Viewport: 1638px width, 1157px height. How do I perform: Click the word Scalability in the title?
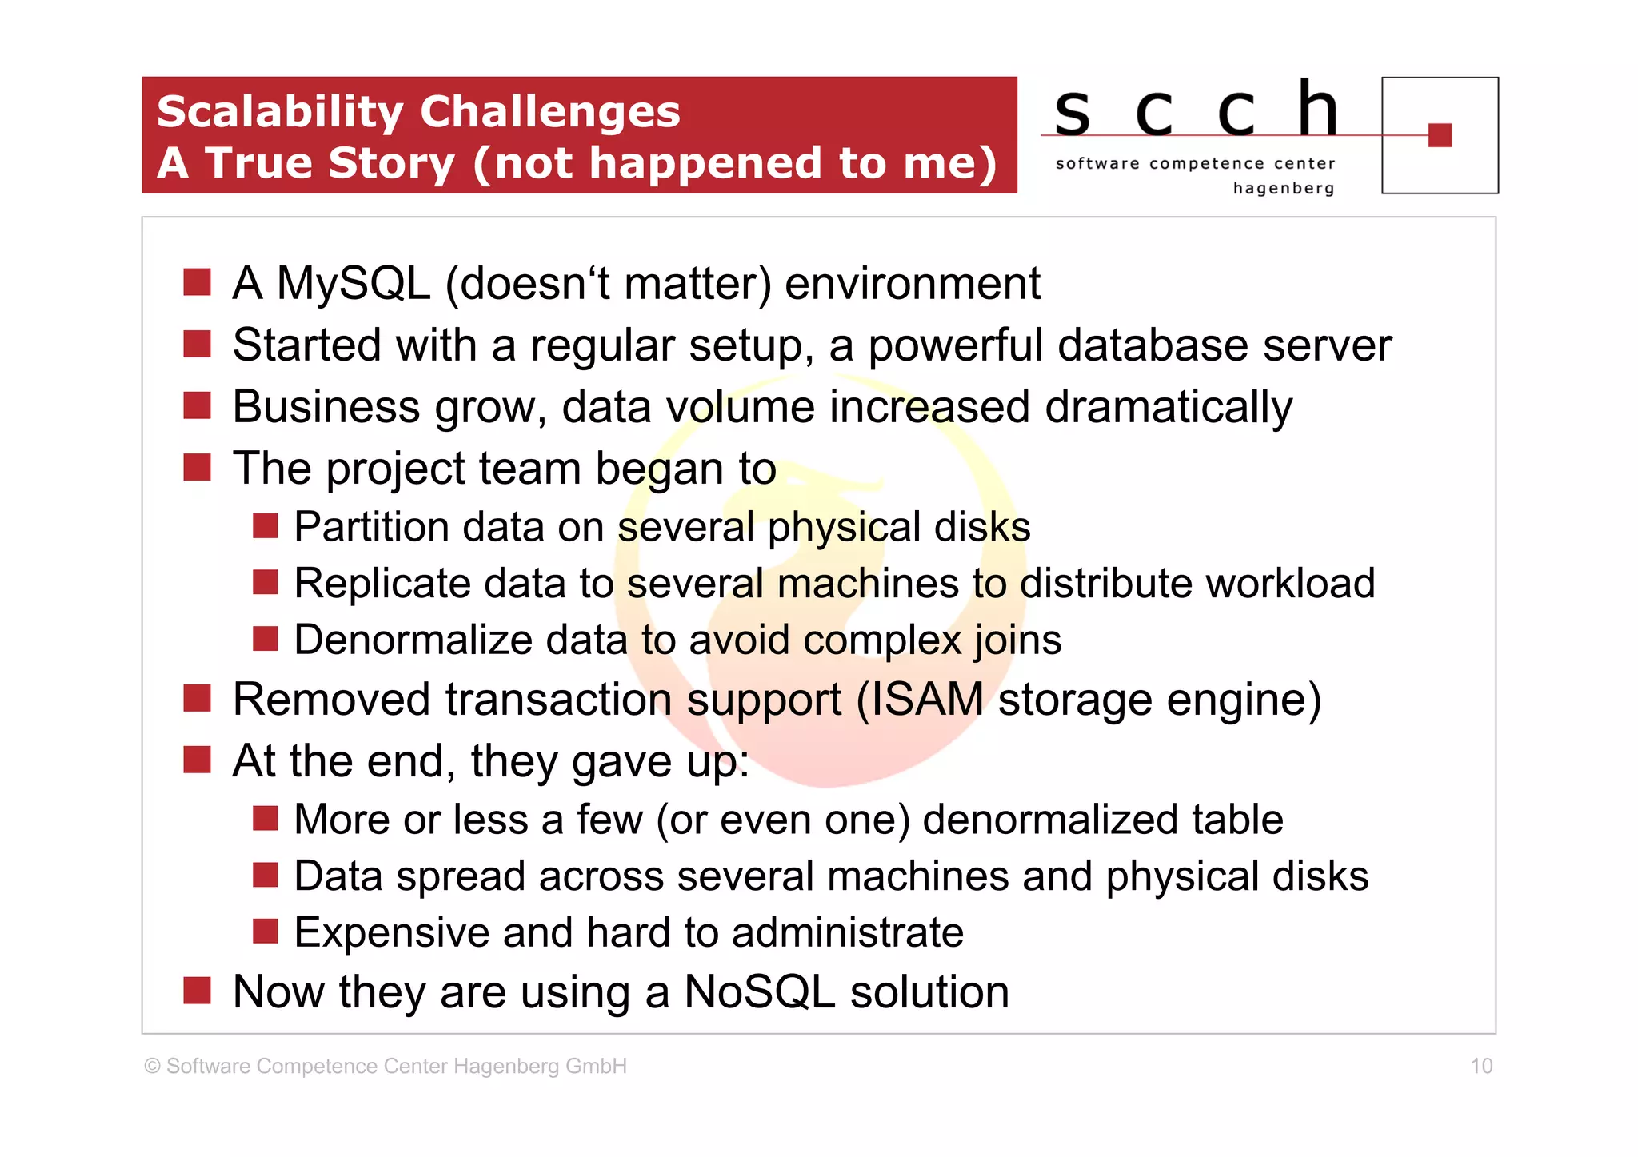point(279,113)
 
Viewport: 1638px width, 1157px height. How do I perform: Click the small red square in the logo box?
point(1439,135)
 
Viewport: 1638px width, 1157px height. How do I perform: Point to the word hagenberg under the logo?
point(1283,189)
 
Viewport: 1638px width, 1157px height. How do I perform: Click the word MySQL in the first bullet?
point(353,284)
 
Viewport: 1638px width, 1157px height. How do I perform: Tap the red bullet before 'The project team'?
point(197,467)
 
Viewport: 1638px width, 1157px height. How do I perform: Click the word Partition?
point(371,528)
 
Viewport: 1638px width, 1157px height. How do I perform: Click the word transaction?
point(558,700)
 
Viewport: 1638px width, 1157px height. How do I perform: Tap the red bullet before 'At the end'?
point(197,760)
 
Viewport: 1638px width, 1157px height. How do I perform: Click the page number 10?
point(1481,1066)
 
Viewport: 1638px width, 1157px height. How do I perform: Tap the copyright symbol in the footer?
point(152,1067)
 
